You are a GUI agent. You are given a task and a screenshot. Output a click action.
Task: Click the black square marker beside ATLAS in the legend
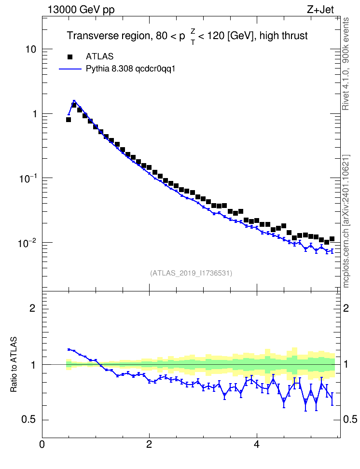[70, 56]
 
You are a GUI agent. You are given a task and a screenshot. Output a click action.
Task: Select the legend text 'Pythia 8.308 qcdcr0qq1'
[130, 69]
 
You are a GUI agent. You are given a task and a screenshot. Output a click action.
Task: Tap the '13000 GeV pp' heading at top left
[81, 10]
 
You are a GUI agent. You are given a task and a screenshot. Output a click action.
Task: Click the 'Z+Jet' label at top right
[320, 10]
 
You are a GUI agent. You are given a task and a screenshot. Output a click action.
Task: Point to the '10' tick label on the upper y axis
[31, 49]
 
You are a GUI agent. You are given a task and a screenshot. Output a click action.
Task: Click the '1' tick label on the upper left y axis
[34, 114]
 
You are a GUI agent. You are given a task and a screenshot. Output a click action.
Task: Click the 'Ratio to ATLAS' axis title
[14, 364]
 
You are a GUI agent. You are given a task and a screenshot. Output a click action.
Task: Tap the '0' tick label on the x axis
[42, 444]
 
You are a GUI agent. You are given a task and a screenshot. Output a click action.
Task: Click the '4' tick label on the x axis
[256, 444]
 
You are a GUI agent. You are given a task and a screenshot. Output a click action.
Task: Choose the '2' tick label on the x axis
[149, 444]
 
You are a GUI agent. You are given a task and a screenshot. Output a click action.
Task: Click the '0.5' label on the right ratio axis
[350, 420]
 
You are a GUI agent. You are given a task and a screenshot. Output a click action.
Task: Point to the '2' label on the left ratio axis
[32, 308]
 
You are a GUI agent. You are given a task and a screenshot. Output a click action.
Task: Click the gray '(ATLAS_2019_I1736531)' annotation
[191, 273]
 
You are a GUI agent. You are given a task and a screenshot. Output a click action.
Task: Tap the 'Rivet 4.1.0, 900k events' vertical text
[346, 64]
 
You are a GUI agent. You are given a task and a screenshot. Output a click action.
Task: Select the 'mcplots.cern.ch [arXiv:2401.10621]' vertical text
[346, 221]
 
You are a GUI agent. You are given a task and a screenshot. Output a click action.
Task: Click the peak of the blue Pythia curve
[74, 101]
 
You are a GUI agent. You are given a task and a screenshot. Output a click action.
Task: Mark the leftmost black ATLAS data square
[69, 120]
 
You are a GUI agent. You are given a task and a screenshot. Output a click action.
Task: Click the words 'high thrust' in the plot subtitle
[283, 36]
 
